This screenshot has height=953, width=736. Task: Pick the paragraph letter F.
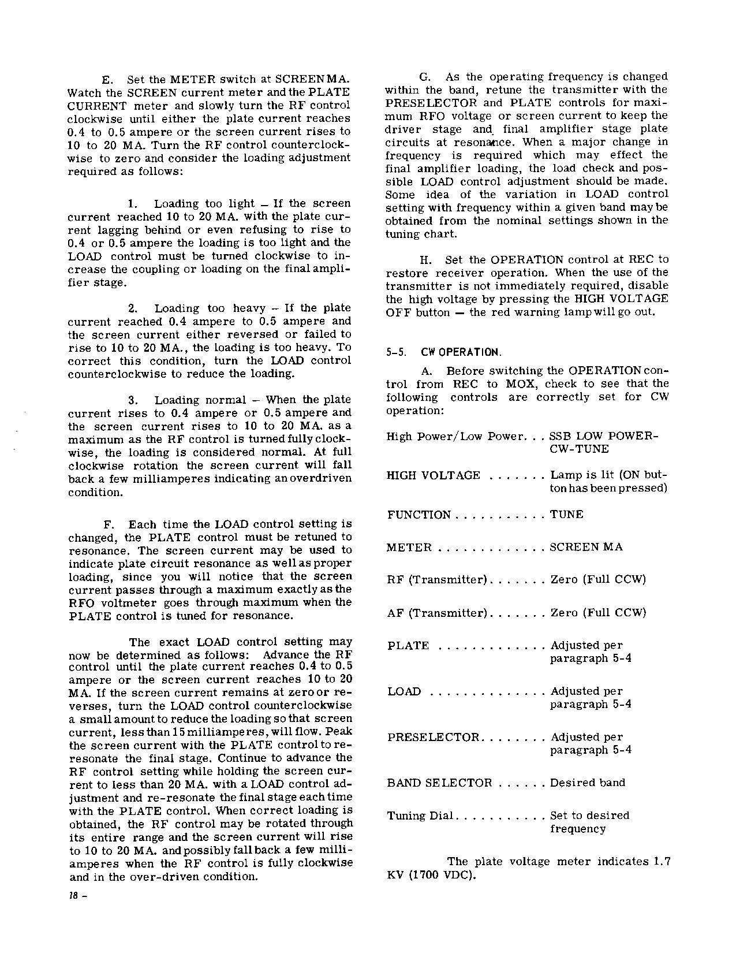(108, 524)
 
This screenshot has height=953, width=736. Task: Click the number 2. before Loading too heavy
(132, 308)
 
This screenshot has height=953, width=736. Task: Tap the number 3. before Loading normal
(132, 400)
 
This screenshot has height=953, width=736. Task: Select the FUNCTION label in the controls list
(419, 515)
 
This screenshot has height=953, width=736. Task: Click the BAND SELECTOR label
(439, 783)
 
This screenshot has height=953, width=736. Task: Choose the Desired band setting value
(587, 783)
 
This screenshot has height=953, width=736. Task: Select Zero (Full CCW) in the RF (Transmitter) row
(597, 580)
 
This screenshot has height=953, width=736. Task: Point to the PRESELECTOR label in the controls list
(433, 738)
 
